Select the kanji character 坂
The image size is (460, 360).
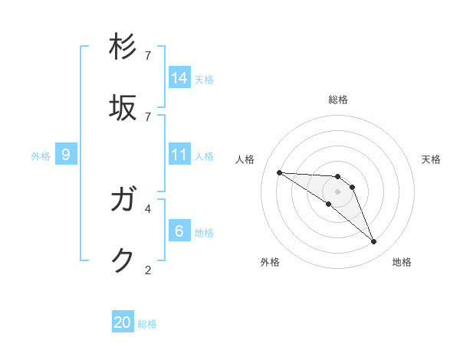pos(123,108)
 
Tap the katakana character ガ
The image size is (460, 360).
pos(123,200)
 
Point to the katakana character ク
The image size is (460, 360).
pos(123,260)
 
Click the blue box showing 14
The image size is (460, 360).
pos(179,77)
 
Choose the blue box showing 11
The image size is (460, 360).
pos(179,155)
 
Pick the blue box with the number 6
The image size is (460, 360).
pos(179,231)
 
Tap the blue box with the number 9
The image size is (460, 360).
pos(66,155)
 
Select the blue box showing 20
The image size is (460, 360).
pos(123,322)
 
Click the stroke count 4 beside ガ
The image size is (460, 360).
pos(148,208)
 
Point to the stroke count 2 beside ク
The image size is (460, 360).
pos(148,269)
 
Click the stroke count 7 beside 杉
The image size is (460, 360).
pos(148,55)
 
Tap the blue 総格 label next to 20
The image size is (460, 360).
pos(147,324)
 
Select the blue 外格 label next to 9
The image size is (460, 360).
pos(41,156)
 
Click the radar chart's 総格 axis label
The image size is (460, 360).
pos(338,100)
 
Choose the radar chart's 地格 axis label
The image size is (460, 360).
pos(402,262)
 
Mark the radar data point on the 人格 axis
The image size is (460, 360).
pos(279,172)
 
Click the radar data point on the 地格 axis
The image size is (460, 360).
pos(374,242)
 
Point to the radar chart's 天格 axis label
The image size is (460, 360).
pos(431,159)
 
